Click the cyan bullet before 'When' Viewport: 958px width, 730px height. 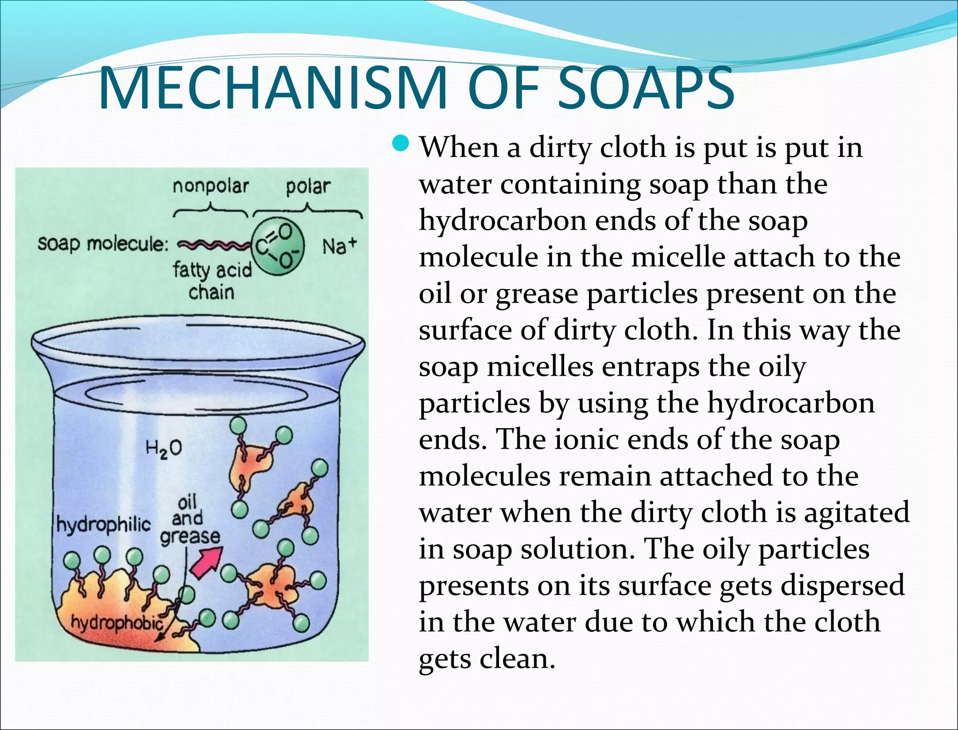401,144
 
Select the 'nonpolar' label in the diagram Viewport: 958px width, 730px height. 210,186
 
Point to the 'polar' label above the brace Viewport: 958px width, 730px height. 308,186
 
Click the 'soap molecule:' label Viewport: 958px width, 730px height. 102,244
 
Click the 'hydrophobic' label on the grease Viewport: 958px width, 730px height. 116,622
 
